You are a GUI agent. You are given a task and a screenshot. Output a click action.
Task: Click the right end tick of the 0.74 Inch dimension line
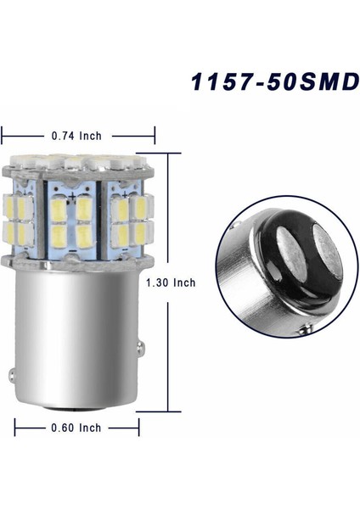click(155, 133)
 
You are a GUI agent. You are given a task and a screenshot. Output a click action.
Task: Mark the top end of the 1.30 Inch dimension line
click(179, 153)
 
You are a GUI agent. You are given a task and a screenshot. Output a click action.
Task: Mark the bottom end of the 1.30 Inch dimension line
click(179, 410)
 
